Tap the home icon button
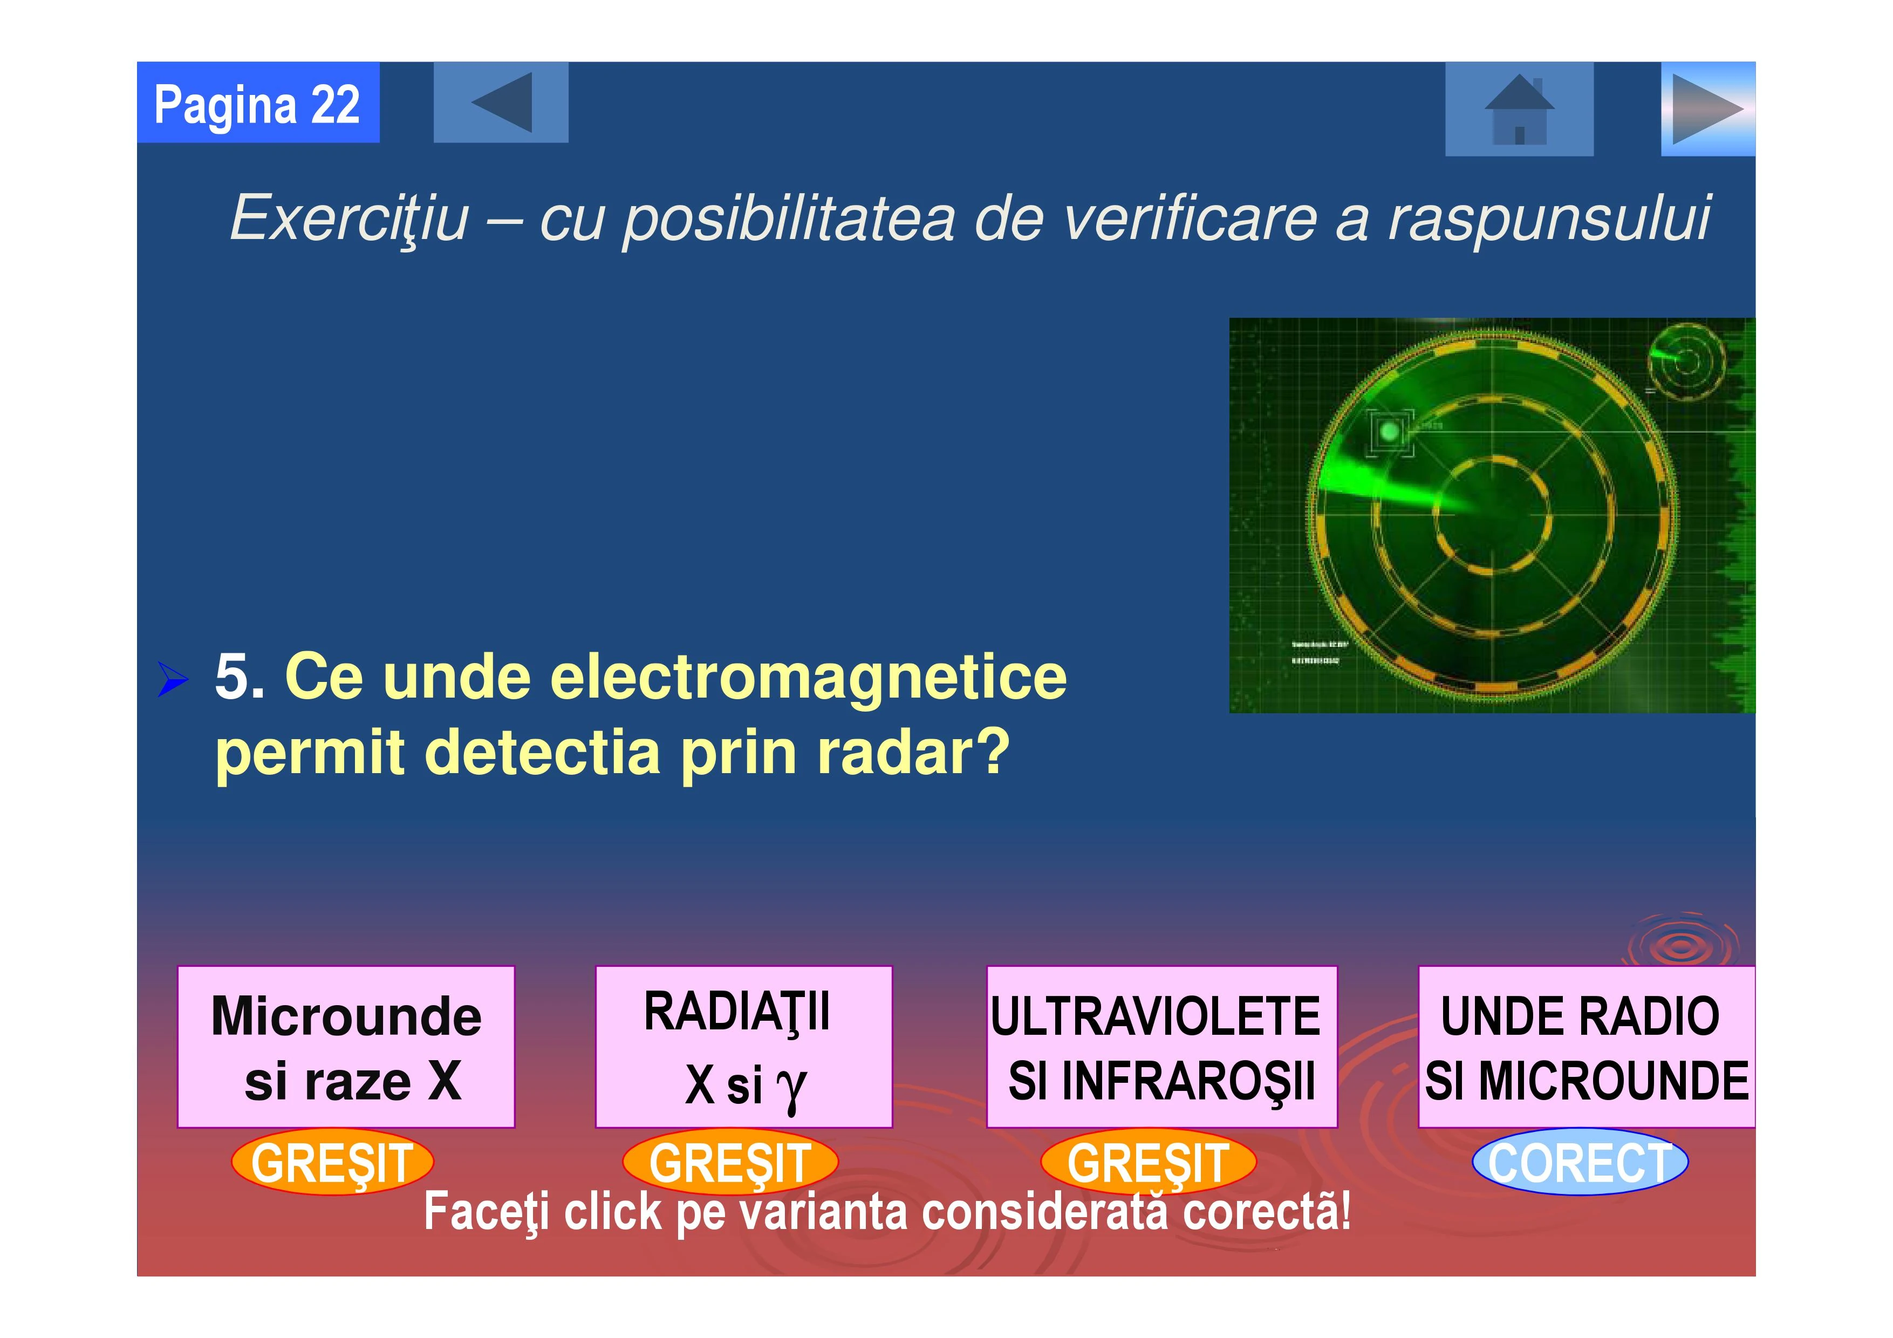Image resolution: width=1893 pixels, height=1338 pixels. click(1519, 109)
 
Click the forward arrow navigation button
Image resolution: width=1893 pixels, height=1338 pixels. click(1707, 109)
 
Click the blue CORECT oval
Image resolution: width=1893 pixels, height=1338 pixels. click(1580, 1162)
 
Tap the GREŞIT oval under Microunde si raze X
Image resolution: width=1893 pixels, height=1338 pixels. click(332, 1162)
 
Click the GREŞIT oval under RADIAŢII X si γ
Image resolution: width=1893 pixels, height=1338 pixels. click(730, 1162)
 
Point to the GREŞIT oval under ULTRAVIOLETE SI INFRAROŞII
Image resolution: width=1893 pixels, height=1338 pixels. click(1149, 1162)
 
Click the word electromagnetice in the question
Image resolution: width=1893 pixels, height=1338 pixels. click(808, 678)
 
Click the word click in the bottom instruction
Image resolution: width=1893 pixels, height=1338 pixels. click(613, 1211)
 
